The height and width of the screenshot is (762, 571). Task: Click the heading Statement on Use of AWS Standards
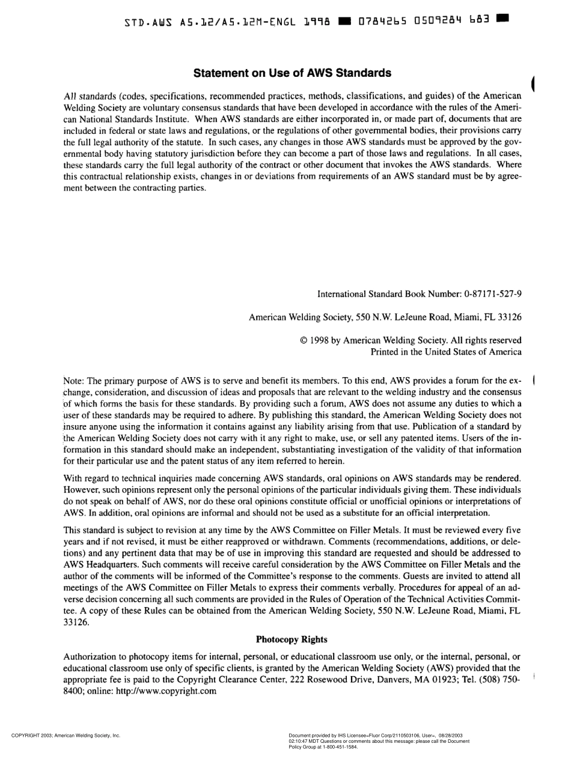click(x=292, y=73)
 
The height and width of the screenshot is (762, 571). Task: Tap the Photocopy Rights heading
click(x=292, y=639)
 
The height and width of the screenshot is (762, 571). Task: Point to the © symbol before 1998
click(x=304, y=340)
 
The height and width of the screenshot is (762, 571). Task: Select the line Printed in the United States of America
click(x=446, y=352)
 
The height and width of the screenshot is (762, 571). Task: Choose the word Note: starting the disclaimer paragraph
click(x=75, y=381)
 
